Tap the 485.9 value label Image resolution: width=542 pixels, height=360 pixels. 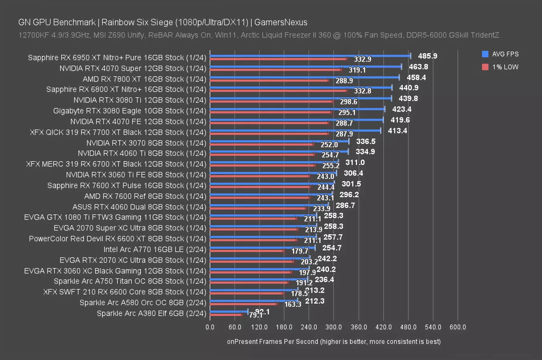click(x=428, y=56)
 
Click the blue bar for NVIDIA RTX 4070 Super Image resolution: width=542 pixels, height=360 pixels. click(x=305, y=67)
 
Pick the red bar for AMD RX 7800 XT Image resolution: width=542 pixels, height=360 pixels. click(x=269, y=80)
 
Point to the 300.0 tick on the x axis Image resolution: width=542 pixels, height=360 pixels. click(x=334, y=327)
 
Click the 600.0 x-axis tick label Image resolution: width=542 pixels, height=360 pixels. click(x=458, y=327)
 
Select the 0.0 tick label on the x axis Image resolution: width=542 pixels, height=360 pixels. click(x=210, y=327)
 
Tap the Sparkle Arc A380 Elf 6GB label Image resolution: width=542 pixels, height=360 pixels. click(x=151, y=313)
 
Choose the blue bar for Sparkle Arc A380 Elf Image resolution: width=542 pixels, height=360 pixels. click(x=229, y=311)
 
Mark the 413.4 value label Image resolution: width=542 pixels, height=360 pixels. click(x=397, y=131)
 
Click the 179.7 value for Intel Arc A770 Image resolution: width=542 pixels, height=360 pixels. click(x=300, y=251)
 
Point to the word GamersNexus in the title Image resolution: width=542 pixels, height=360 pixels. click(x=281, y=22)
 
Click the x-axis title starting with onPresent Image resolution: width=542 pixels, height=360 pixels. click(x=333, y=341)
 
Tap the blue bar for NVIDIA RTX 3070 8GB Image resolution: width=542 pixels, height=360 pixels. click(x=279, y=141)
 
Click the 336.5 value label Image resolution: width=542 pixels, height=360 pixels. click(x=365, y=141)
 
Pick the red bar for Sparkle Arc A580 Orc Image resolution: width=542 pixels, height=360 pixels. click(x=243, y=304)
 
